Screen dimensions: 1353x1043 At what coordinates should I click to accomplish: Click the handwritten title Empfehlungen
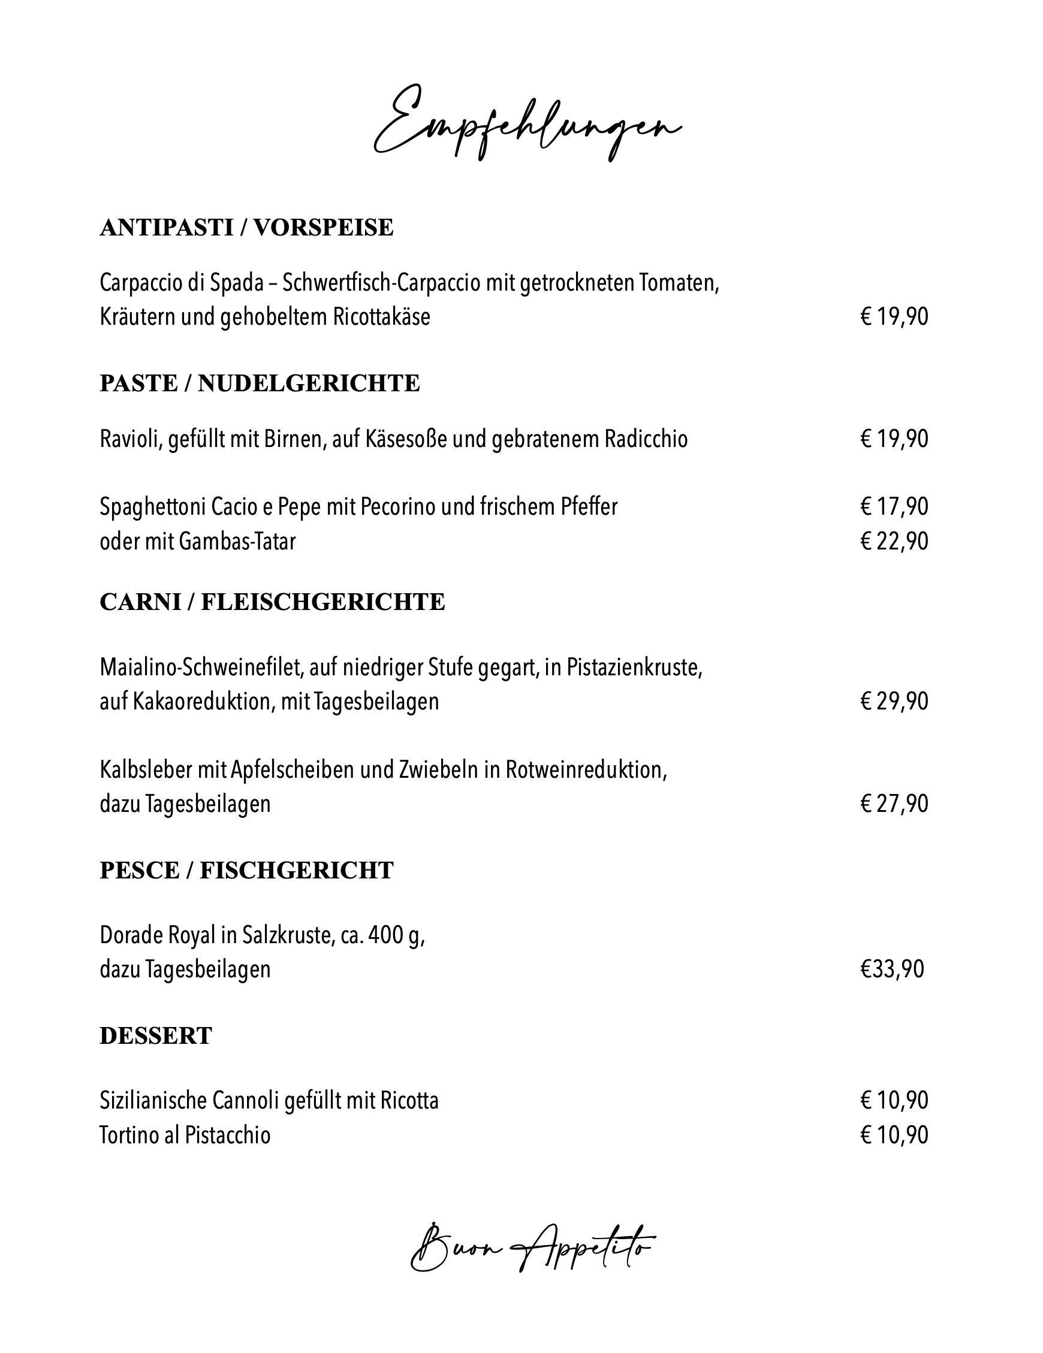527,124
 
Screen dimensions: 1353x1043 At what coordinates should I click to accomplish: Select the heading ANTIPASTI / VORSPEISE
246,227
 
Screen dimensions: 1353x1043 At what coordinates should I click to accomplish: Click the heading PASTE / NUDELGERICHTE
260,383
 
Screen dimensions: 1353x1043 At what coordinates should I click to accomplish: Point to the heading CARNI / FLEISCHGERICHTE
272,602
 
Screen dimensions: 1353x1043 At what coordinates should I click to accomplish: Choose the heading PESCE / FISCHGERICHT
246,871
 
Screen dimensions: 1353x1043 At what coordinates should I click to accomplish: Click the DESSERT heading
156,1035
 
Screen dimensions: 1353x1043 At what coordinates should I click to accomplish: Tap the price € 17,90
894,507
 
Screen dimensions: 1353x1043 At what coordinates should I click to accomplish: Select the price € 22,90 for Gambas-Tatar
894,542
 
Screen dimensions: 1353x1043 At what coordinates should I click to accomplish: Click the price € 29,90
894,701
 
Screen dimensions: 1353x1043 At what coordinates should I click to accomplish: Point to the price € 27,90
894,804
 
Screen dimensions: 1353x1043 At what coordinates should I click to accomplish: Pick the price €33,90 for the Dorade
892,969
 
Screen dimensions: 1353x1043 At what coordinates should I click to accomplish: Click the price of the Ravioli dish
894,439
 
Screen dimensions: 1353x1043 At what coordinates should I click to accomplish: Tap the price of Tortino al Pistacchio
894,1135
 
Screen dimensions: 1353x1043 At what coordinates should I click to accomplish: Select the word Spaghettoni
153,507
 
